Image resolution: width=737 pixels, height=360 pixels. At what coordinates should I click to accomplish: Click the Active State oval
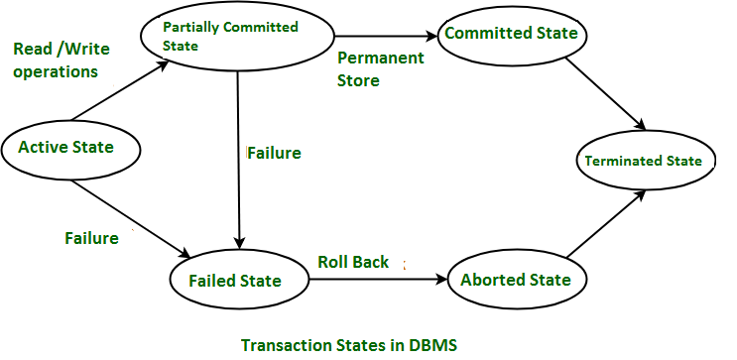(x=65, y=148)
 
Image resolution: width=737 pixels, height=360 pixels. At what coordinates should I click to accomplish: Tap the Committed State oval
(x=511, y=34)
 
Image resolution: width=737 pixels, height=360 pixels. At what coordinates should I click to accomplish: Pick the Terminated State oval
(x=643, y=161)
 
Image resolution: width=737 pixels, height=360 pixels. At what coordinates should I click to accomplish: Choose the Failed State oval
(x=235, y=281)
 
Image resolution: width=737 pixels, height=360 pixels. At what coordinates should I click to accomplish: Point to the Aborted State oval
(x=515, y=280)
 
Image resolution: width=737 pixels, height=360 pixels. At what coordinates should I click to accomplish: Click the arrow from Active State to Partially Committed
(x=117, y=91)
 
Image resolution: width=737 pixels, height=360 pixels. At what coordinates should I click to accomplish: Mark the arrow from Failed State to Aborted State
(x=377, y=281)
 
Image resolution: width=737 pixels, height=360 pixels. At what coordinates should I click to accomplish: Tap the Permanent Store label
(x=380, y=69)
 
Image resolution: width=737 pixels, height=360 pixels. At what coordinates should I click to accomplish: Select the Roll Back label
(x=353, y=262)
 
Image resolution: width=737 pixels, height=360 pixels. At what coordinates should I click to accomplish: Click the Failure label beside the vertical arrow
(x=273, y=154)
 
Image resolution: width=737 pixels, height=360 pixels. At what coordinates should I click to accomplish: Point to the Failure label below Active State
(x=91, y=238)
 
